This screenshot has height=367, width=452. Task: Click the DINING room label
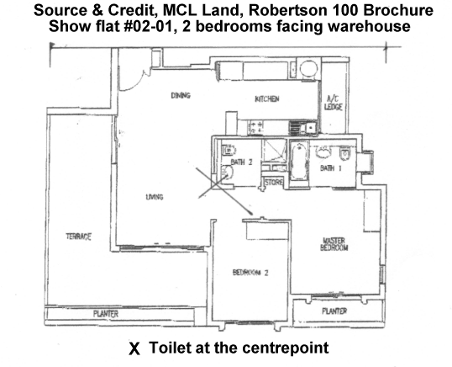[x=181, y=95]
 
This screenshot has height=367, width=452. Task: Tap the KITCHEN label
[x=267, y=98]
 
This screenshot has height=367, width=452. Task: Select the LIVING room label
[x=155, y=197]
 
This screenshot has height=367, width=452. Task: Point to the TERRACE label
[x=78, y=237]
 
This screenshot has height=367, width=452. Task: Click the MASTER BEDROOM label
[x=334, y=244]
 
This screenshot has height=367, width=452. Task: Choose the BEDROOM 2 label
[x=250, y=273]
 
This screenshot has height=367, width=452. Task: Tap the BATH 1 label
[x=331, y=168]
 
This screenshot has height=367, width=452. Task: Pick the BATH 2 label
[x=242, y=162]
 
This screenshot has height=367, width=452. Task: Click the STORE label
[x=274, y=183]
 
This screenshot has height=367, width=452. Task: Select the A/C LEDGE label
[x=333, y=103]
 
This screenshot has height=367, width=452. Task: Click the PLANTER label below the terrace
[x=106, y=314]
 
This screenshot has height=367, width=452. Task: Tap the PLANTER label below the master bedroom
[x=334, y=311]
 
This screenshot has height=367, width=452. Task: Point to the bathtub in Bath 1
[x=298, y=160]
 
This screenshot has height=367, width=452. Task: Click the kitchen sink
[x=303, y=127]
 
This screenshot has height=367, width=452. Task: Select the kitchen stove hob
[x=256, y=127]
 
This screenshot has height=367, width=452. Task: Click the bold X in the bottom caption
[x=134, y=348]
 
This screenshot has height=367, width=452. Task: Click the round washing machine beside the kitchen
[x=308, y=68]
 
